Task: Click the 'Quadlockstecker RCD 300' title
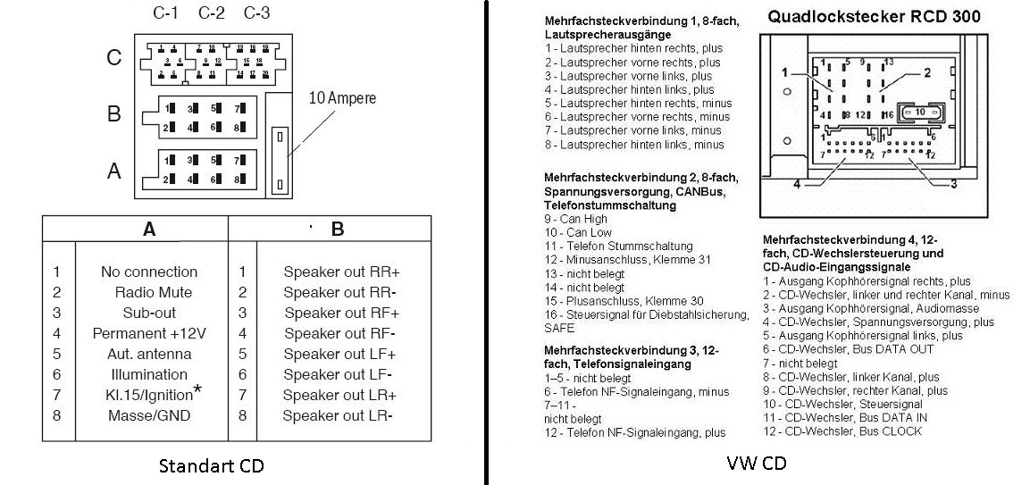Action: pyautogui.click(x=874, y=16)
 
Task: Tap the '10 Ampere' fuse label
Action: pyautogui.click(x=343, y=98)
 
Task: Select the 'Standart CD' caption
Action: pyautogui.click(x=211, y=465)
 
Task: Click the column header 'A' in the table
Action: pyautogui.click(x=149, y=230)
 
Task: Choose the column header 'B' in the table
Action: pyautogui.click(x=338, y=230)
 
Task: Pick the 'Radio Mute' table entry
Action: pyautogui.click(x=153, y=292)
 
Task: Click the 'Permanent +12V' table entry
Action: pyautogui.click(x=149, y=333)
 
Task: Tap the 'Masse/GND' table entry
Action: pyautogui.click(x=148, y=415)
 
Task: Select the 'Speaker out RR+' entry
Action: pyautogui.click(x=341, y=272)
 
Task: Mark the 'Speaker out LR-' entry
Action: pyautogui.click(x=338, y=415)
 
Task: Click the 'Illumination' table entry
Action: pyautogui.click(x=149, y=374)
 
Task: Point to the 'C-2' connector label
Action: pyautogui.click(x=212, y=13)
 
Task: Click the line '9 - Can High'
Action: pyautogui.click(x=575, y=218)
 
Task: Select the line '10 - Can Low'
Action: pyautogui.click(x=575, y=232)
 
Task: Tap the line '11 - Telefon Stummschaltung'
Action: pyautogui.click(x=618, y=246)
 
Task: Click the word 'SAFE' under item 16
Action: pyautogui.click(x=558, y=328)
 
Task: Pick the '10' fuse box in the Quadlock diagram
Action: pyautogui.click(x=920, y=112)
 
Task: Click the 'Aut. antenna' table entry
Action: pyautogui.click(x=149, y=354)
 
